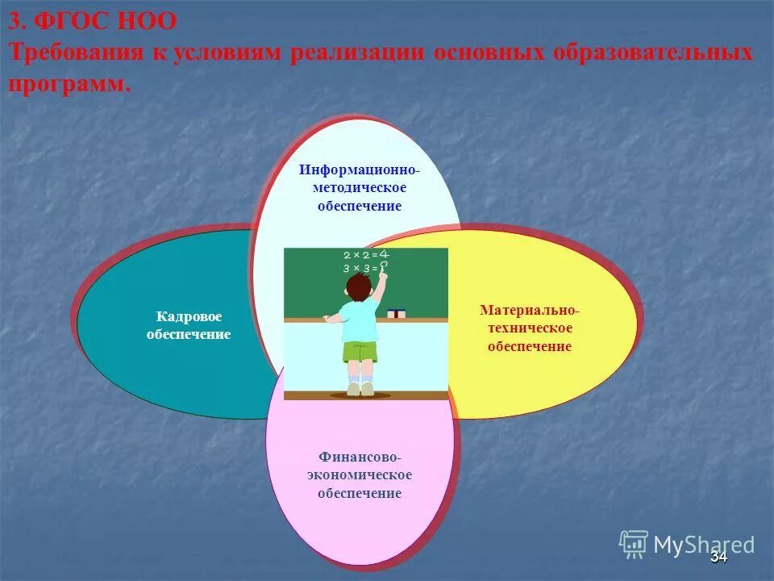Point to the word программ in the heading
coord(69,83)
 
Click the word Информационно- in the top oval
coord(360,170)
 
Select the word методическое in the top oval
coord(360,187)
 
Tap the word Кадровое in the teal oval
coord(189,317)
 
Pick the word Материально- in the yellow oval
coord(529,310)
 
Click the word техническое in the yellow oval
coord(529,328)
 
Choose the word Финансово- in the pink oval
coord(360,457)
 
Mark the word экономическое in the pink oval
coord(360,474)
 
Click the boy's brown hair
coord(360,285)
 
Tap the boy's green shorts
coord(360,352)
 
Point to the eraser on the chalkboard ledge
coord(396,313)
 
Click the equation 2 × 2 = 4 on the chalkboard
coord(365,254)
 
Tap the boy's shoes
coord(360,389)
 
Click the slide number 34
coord(718,558)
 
